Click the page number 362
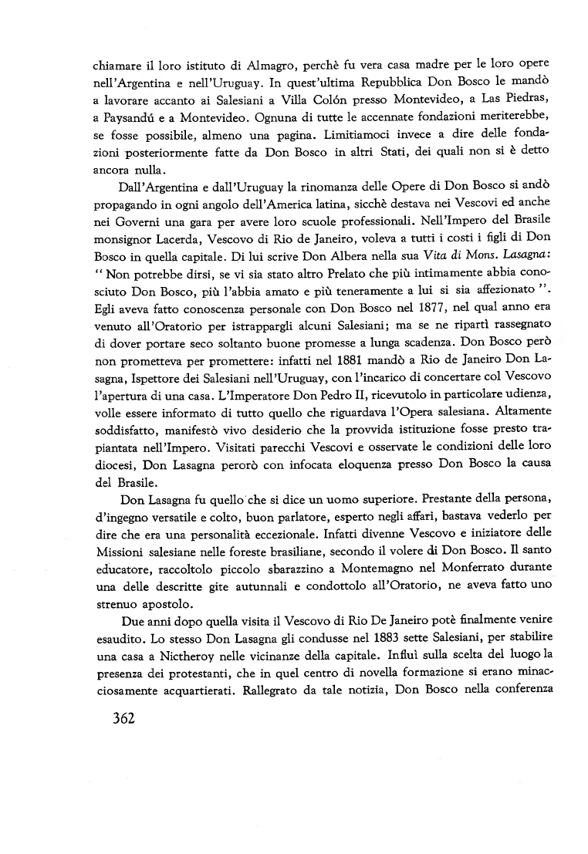pyautogui.click(x=119, y=719)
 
